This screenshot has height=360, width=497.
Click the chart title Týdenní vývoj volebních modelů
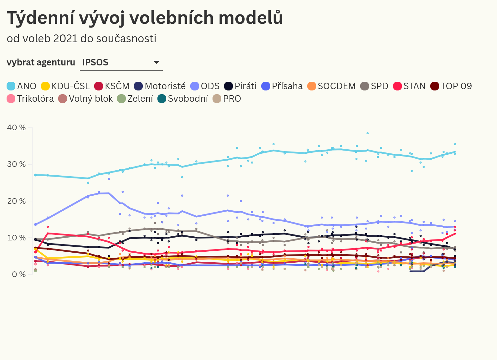coord(145,18)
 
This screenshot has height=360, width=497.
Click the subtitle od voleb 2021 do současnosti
coord(81,39)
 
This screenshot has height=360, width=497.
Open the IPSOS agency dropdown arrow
coord(156,62)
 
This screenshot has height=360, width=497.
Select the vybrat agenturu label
coord(41,62)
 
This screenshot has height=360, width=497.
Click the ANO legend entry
coord(22,86)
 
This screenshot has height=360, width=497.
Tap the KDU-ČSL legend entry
coord(65,86)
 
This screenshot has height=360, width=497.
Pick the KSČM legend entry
coord(112,86)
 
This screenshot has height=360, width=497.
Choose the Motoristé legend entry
coord(160,86)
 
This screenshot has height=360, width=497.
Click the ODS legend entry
coord(205,86)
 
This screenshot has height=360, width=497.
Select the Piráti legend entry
coord(240,86)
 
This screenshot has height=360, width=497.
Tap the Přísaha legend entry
coord(282,86)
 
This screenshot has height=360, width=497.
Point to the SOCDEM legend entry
coord(331,86)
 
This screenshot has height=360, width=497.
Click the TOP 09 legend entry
coord(451,86)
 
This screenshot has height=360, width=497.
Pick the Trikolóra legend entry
coord(30,99)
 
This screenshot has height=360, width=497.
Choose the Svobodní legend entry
coord(183,99)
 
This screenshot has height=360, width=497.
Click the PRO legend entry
coord(227,99)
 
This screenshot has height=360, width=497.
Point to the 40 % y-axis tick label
coord(16,128)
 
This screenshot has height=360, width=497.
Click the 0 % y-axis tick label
coord(19,275)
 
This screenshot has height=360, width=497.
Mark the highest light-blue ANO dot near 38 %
coord(367,133)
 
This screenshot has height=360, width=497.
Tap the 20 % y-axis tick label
coord(16,201)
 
